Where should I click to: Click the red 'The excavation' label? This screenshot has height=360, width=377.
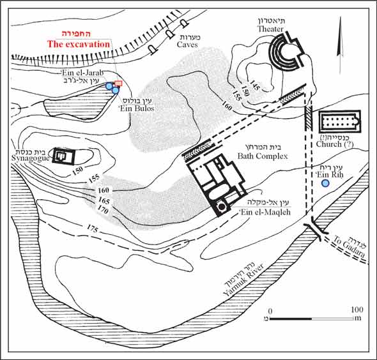pos(79,44)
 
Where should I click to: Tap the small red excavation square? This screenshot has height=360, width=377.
pos(118,84)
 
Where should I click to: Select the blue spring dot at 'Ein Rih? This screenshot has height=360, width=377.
pos(325,183)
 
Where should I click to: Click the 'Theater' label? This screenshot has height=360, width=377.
pos(270,29)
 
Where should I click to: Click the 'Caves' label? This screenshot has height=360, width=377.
pos(187,45)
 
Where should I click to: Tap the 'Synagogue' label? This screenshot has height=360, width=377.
pos(30,158)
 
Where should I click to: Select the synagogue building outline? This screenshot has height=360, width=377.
pos(64,156)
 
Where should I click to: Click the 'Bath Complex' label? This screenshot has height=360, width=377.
pos(263,156)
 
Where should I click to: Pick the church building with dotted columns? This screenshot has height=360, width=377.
pos(340,121)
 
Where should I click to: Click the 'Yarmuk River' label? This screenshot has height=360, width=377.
pos(243,280)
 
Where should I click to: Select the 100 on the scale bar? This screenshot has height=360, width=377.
pos(357,310)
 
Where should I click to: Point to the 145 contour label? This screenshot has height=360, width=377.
pos(254,86)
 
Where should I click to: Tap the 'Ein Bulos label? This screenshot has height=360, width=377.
pos(136,109)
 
